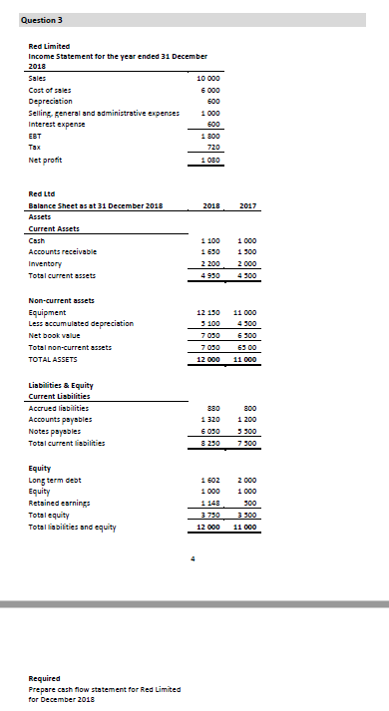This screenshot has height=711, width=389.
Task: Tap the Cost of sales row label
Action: tap(51, 88)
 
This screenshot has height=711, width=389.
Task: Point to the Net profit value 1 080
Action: tap(210, 159)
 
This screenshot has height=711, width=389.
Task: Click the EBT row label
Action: tap(36, 134)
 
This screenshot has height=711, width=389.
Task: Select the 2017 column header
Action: tap(248, 205)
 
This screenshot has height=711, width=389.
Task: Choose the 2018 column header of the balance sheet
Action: tap(209, 205)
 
